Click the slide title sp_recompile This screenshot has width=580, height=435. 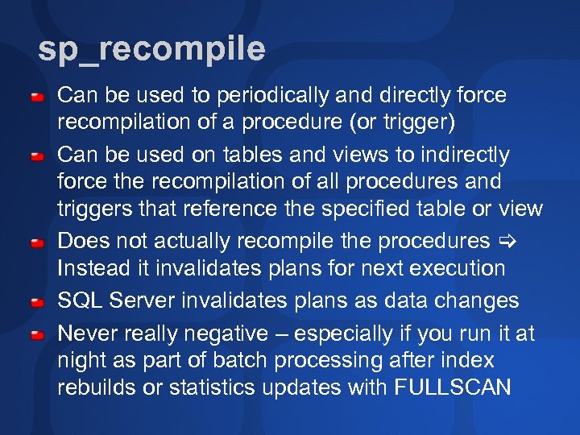tap(151, 50)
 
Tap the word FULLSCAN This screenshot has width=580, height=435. tap(453, 387)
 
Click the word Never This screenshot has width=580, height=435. tap(89, 333)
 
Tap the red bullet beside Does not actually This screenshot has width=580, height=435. tap(37, 242)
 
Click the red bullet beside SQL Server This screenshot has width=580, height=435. tap(37, 301)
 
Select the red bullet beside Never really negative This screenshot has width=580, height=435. tap(37, 333)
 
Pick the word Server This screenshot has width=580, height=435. tap(141, 300)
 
